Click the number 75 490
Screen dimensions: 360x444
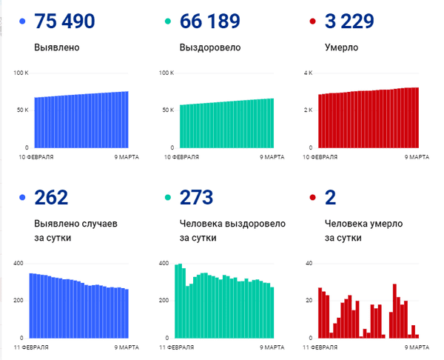[x=65, y=22]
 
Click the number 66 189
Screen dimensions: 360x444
[x=211, y=22]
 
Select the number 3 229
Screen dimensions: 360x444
[x=351, y=22]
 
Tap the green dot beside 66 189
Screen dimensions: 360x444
[x=167, y=23]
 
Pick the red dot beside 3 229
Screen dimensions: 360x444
[x=313, y=23]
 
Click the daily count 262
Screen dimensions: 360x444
[x=51, y=197]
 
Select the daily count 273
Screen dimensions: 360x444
[x=196, y=197]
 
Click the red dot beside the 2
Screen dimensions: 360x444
[x=313, y=198]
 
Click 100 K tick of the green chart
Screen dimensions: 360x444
[x=166, y=73]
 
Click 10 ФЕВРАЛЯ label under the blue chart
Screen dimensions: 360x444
[x=36, y=157]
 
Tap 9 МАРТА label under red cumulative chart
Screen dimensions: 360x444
[x=417, y=157]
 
